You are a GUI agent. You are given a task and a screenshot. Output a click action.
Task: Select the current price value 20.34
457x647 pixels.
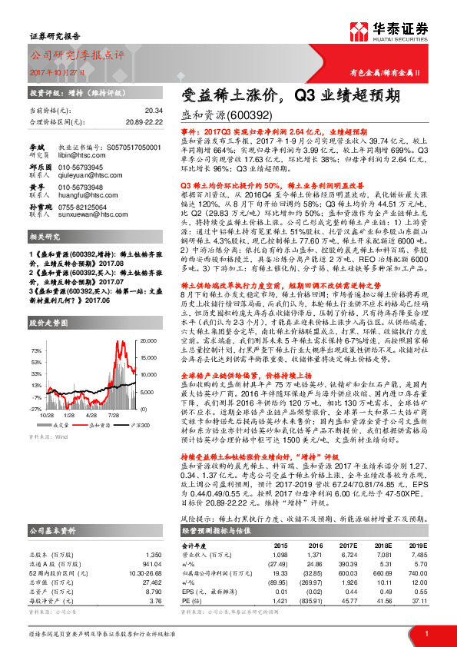point(153,111)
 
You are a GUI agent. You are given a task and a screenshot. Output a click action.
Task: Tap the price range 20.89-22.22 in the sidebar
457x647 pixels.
point(143,121)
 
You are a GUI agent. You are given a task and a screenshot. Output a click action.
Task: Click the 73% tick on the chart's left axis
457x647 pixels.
point(36,350)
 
